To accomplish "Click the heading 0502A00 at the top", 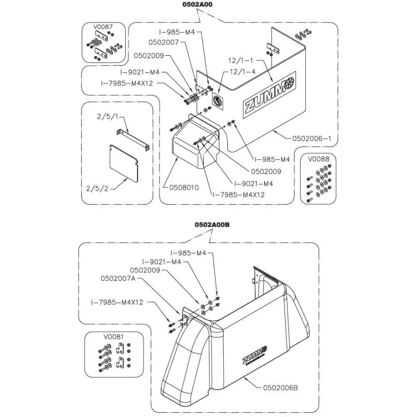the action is tap(197, 5).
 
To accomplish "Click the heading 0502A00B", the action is tap(212, 225).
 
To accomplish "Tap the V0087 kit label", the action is tap(103, 27).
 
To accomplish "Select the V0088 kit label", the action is tap(318, 159).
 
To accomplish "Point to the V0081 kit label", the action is tap(114, 337).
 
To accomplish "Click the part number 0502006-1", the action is tap(312, 139).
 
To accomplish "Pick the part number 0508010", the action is tap(184, 188).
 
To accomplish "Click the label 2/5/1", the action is tap(107, 116).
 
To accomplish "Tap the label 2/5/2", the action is tap(97, 189).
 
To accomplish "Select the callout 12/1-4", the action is tap(242, 72).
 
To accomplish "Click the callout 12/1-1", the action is tap(241, 60).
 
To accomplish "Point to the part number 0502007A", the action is tap(118, 278).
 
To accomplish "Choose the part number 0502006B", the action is tap(280, 388).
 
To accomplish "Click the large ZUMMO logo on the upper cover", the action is tap(269, 95).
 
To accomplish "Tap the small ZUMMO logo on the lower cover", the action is tap(254, 356).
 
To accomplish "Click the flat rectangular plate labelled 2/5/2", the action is tap(124, 164).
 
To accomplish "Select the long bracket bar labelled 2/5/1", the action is tap(133, 140).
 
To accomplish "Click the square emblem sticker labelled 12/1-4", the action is tap(218, 101).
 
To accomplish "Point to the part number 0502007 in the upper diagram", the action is tap(164, 43).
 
